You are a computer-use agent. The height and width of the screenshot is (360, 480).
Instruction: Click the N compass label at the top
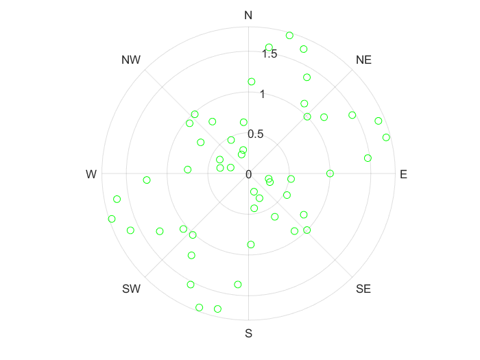click(248, 15)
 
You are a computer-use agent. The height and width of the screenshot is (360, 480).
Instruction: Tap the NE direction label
click(363, 60)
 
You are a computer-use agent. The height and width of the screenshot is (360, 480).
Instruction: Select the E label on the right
click(403, 175)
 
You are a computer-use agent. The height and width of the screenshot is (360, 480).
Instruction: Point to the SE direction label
click(363, 289)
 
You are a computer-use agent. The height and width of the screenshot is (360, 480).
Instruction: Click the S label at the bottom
click(249, 334)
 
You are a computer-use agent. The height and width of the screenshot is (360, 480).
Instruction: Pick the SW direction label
click(131, 289)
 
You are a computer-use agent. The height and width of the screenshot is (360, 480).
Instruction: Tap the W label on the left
click(91, 175)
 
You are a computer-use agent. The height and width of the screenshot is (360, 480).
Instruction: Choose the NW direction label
click(131, 60)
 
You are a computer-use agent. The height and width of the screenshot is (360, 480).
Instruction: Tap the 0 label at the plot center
click(248, 175)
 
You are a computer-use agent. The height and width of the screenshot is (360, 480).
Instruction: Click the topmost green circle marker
click(289, 35)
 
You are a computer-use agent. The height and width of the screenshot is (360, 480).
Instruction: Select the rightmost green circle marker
click(386, 138)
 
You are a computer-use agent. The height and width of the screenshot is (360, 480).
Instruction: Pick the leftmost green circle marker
click(112, 219)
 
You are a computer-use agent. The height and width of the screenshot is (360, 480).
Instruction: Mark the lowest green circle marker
click(217, 309)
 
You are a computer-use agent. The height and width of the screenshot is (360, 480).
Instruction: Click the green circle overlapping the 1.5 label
click(269, 47)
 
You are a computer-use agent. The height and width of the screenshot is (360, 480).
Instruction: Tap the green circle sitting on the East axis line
click(330, 173)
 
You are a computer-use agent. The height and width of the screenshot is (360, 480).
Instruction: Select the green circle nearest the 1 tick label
click(252, 82)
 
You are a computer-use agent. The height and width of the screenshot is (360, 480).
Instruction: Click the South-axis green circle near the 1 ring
click(251, 244)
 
